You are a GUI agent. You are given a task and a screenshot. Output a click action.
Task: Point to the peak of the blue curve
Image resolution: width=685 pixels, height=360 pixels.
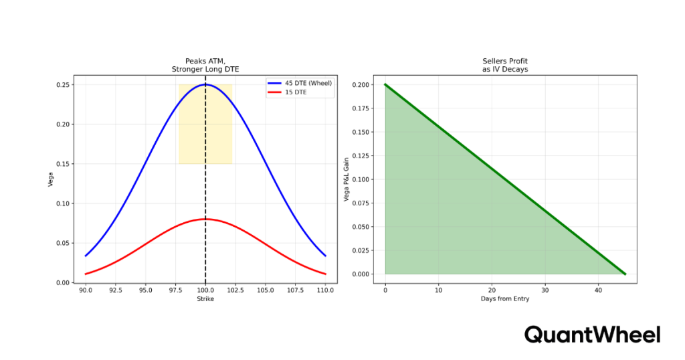pos(205,84)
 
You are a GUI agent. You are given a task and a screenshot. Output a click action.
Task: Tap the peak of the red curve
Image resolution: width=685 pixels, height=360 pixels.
pos(205,219)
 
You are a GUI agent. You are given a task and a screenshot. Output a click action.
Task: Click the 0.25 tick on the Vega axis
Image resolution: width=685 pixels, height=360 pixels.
pos(62,85)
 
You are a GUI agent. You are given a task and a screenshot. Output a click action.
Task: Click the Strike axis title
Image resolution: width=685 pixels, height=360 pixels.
pos(205,299)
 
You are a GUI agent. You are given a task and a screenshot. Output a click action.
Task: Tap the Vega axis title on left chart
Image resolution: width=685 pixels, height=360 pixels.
pos(51,179)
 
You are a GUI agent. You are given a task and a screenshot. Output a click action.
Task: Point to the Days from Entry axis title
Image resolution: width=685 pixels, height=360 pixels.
pos(505,299)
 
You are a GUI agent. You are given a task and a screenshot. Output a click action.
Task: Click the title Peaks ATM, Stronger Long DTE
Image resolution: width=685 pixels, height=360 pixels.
pos(205,65)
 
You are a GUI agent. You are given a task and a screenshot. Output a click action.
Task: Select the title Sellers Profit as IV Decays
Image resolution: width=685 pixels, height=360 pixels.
pos(505,65)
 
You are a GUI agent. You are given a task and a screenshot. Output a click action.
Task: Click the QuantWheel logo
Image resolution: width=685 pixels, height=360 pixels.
pos(592,335)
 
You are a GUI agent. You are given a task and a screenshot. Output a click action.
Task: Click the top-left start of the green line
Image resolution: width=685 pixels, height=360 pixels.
pos(385,85)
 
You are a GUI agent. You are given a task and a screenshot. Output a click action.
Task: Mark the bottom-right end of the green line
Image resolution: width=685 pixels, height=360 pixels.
pos(625,274)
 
